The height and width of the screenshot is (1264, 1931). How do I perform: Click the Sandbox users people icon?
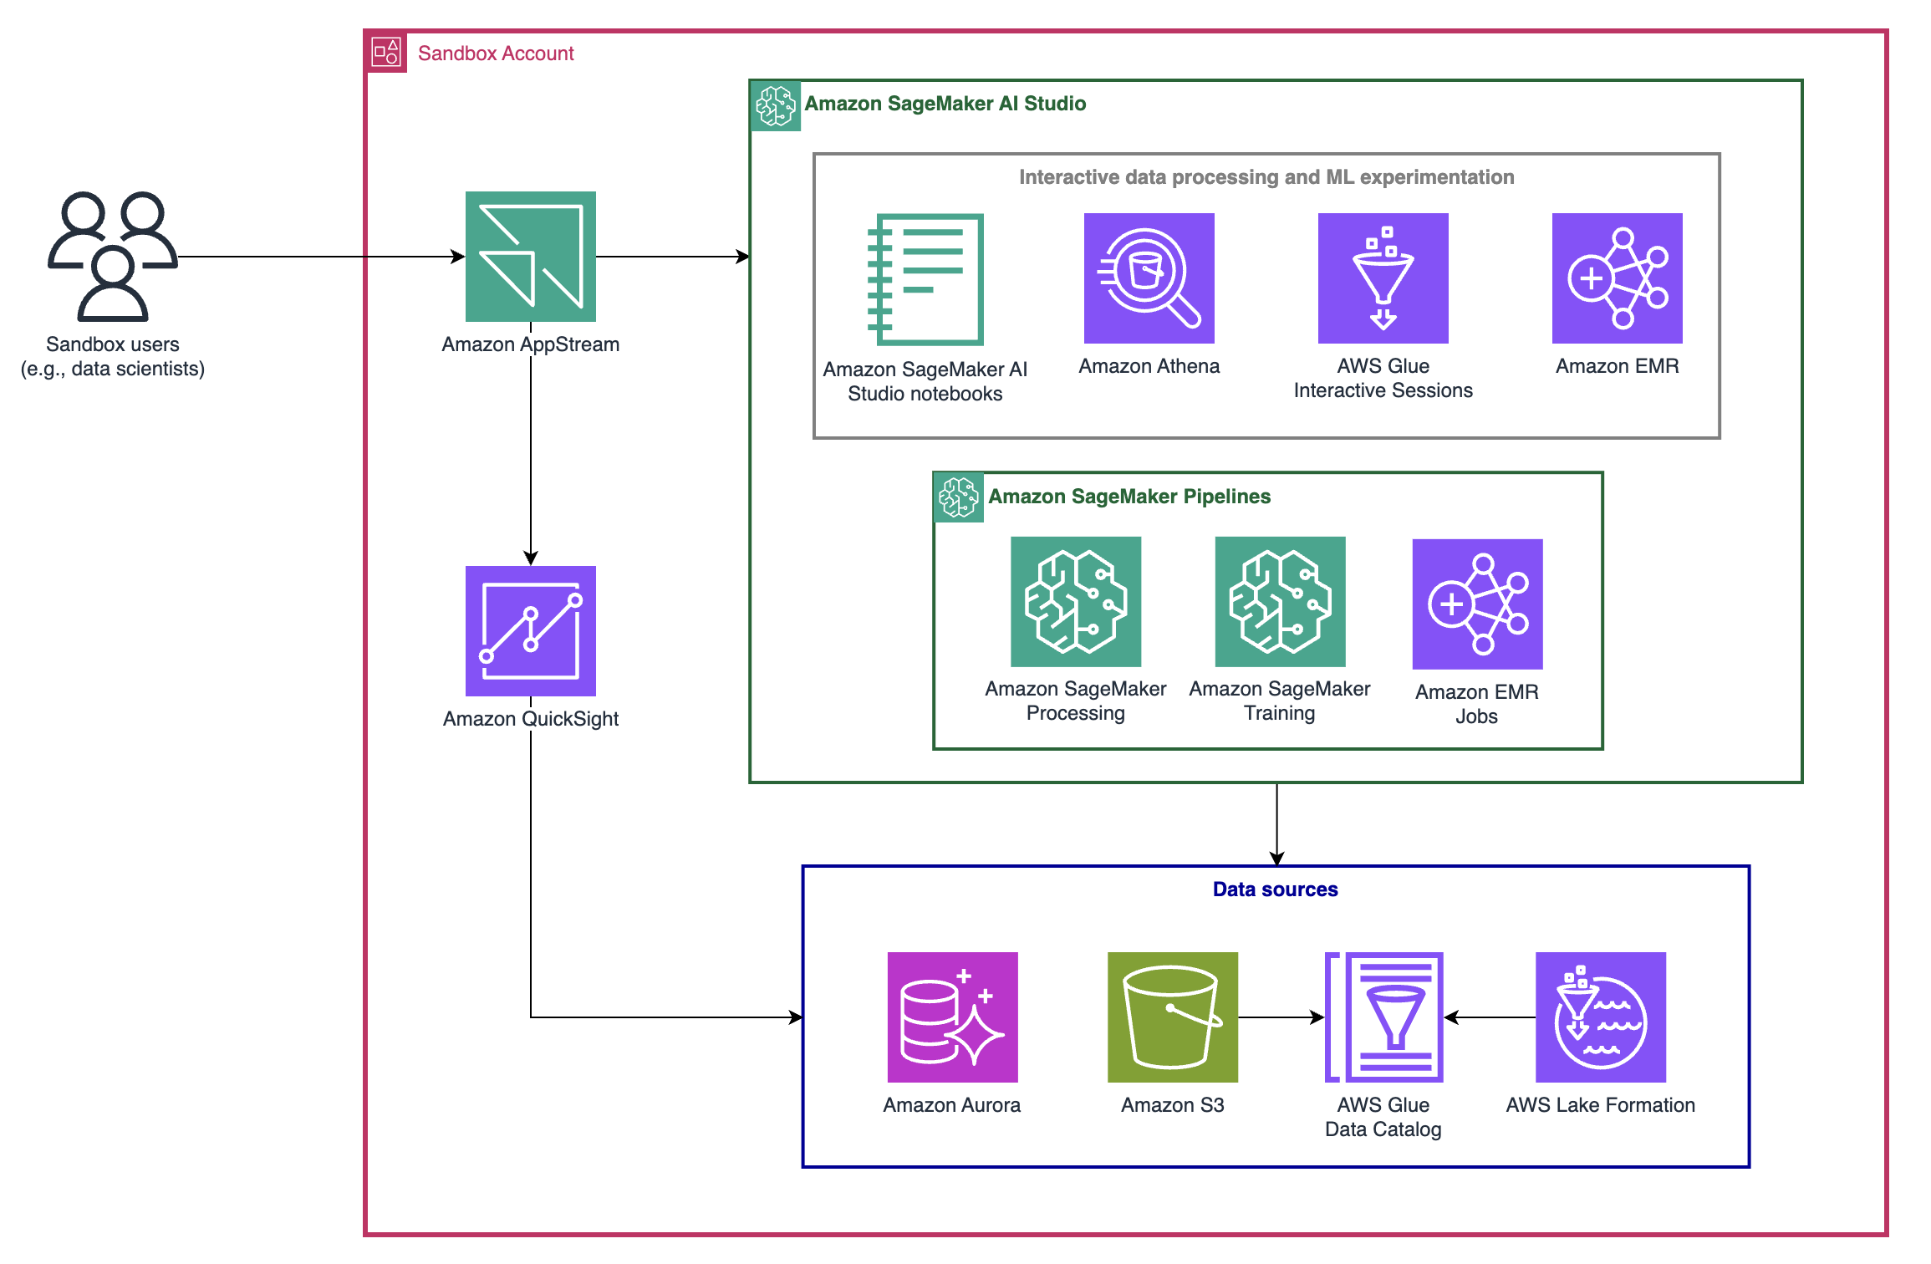point(113,256)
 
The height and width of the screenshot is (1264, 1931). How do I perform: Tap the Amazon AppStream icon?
point(531,257)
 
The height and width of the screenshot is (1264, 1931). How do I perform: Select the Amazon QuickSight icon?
point(531,631)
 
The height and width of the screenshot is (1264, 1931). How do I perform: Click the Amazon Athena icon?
point(1149,278)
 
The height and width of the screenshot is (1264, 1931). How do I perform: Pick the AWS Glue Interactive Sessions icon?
point(1383,278)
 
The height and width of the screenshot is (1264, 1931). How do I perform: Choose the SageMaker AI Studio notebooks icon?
point(926,279)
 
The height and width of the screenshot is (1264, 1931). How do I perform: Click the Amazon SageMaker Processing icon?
point(1076,602)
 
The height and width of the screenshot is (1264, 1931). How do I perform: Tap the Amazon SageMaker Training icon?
point(1280,602)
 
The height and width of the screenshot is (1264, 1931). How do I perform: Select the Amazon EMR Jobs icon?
point(1477,604)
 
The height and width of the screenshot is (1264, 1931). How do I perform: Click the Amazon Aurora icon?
point(952,1017)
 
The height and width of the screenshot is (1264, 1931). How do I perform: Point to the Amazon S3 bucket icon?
point(1172,1017)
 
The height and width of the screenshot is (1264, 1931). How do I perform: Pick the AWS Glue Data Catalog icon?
point(1384,1017)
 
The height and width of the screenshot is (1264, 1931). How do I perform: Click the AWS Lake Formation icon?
point(1600,1017)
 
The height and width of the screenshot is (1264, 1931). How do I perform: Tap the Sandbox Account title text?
point(496,54)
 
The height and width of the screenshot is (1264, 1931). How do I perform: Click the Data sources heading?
point(1275,889)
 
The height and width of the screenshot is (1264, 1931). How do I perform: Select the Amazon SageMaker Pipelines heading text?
point(1129,497)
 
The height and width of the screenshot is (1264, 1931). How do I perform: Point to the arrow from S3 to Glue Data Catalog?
point(1281,1017)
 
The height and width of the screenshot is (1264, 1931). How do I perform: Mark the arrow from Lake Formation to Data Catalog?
point(1490,1017)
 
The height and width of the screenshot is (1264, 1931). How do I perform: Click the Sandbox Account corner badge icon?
point(386,54)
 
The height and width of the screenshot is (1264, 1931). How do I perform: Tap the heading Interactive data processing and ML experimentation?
point(1266,177)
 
